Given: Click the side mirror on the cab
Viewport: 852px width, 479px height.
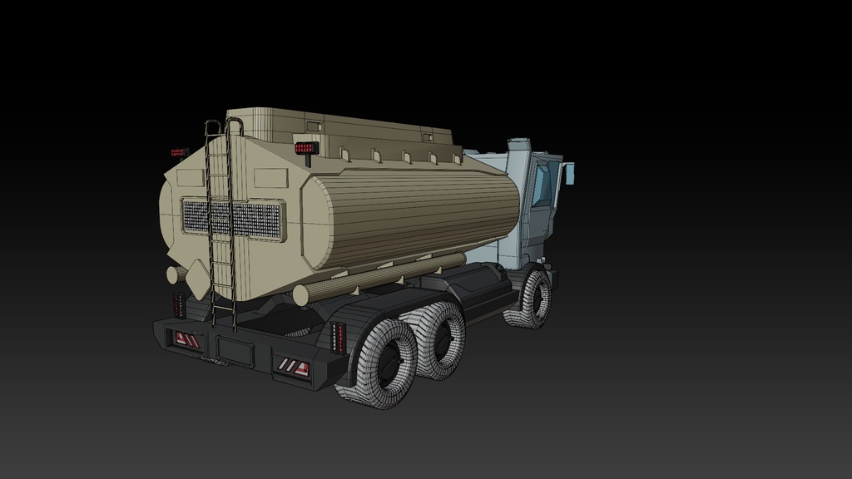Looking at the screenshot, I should (569, 173).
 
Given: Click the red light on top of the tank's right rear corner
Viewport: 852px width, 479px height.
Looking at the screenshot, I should (307, 148).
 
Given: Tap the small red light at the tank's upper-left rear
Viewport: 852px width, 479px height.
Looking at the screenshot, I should (179, 152).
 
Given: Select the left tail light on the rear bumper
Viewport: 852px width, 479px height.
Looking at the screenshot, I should (186, 339).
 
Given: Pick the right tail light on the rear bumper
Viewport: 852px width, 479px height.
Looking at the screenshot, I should (293, 367).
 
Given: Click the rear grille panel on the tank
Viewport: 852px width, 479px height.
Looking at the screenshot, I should (234, 219).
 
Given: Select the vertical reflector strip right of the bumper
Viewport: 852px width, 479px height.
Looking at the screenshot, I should (338, 337).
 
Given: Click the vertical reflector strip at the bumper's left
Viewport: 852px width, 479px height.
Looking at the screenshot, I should (179, 304).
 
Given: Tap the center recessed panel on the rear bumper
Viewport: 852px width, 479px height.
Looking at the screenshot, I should (235, 351).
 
